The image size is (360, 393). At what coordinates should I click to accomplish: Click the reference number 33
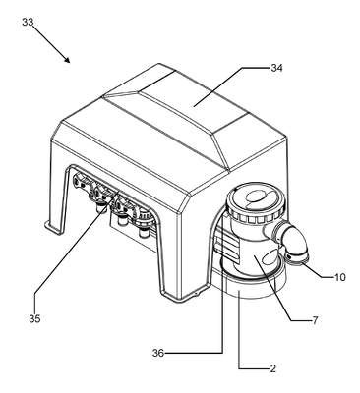[28, 23]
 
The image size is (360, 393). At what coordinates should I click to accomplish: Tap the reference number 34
[276, 68]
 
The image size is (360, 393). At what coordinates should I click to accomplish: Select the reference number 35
[34, 318]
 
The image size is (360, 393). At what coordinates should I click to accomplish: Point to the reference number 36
[158, 353]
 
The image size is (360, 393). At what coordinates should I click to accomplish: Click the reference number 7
[315, 320]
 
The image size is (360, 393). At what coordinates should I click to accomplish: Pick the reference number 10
[340, 277]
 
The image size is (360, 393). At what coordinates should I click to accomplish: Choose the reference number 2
[272, 369]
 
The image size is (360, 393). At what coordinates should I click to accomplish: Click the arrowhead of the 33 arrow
[67, 59]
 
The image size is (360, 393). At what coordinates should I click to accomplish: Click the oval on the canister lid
[257, 196]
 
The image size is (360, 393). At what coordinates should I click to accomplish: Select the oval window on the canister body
[270, 255]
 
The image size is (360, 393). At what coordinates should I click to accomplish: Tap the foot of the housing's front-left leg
[53, 227]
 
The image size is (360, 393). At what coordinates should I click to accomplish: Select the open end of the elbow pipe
[297, 258]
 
